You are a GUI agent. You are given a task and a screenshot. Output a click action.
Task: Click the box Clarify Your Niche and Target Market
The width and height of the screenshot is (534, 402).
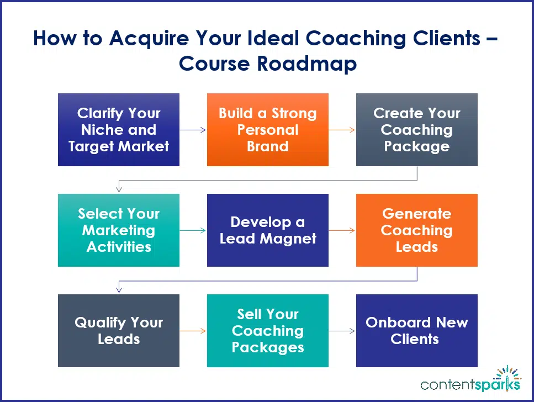pos(119,130)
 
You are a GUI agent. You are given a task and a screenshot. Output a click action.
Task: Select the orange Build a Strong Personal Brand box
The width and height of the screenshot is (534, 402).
pos(268,130)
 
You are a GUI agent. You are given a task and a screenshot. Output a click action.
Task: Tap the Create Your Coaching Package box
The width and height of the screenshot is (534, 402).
pos(417,130)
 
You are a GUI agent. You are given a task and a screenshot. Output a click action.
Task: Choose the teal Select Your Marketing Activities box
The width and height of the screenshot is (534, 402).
pos(119,230)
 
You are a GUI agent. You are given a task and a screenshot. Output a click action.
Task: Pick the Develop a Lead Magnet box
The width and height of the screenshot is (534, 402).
pos(268,230)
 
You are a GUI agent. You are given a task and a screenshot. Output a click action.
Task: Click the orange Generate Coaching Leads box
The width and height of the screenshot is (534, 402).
pos(417,230)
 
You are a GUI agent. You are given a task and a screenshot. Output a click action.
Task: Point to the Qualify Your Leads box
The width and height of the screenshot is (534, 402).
pos(119,331)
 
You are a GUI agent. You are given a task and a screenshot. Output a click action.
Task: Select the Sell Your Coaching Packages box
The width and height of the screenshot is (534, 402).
pos(268,331)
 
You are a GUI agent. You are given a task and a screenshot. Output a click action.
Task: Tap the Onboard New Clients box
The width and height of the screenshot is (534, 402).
pos(417,331)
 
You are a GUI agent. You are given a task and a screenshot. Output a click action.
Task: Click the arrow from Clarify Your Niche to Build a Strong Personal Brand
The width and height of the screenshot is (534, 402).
pos(193,130)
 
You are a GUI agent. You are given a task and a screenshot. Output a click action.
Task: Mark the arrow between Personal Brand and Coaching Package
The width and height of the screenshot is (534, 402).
pos(342,130)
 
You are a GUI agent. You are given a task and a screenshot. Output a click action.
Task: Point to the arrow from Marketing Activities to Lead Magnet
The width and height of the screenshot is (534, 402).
pos(193,231)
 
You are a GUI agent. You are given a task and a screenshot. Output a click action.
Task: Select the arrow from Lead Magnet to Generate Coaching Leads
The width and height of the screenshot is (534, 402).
pos(342,231)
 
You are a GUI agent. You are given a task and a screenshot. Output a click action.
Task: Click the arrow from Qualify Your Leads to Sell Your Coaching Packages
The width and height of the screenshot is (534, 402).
pos(193,331)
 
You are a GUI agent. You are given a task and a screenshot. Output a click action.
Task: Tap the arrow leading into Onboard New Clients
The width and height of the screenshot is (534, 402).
pos(342,331)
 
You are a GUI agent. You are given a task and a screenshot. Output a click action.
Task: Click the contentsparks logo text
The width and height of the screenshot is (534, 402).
pos(470,383)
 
